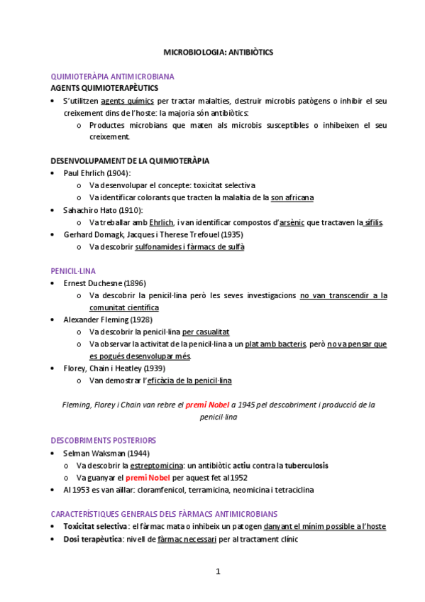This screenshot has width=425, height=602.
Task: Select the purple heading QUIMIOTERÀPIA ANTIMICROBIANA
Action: coord(113,76)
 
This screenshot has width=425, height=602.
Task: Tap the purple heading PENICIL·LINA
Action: coord(73,271)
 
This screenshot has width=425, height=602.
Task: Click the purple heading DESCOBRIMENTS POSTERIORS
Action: coord(104,440)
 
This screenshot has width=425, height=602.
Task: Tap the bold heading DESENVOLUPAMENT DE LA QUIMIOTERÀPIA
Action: coord(130,160)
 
